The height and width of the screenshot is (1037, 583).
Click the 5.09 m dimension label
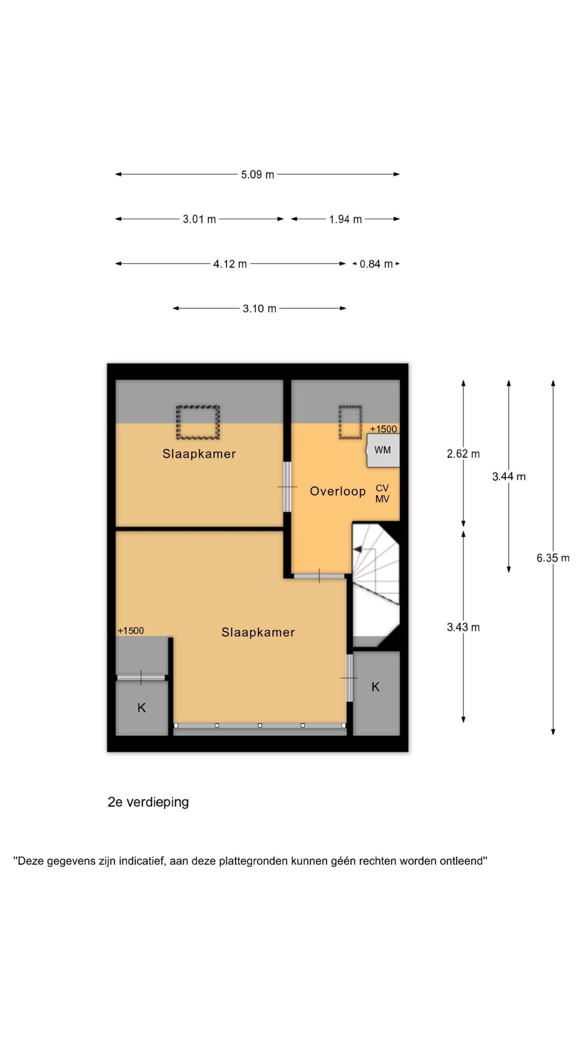pyautogui.click(x=257, y=175)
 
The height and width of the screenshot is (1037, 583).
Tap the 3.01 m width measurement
pyautogui.click(x=199, y=219)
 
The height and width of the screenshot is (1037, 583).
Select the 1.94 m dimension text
pyautogui.click(x=345, y=219)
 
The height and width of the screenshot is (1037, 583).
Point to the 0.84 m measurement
pyautogui.click(x=376, y=264)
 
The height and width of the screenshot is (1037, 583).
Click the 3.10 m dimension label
pyautogui.click(x=259, y=309)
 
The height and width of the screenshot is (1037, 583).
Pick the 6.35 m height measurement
pyautogui.click(x=553, y=558)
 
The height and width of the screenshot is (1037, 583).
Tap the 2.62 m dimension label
pyautogui.click(x=463, y=454)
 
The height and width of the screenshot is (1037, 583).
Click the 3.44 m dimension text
pyautogui.click(x=509, y=476)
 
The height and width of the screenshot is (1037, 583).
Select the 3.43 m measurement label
pyautogui.click(x=463, y=627)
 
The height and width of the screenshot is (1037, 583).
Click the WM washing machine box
pyautogui.click(x=383, y=450)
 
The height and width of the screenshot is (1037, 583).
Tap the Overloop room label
pyautogui.click(x=338, y=491)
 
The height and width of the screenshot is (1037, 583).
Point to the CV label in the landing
pyautogui.click(x=382, y=488)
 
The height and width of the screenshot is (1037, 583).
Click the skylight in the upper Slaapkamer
pyautogui.click(x=198, y=422)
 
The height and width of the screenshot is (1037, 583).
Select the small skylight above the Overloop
pyautogui.click(x=350, y=422)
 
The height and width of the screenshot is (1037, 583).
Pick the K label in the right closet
pyautogui.click(x=375, y=687)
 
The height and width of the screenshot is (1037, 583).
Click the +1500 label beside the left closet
pyautogui.click(x=131, y=630)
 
